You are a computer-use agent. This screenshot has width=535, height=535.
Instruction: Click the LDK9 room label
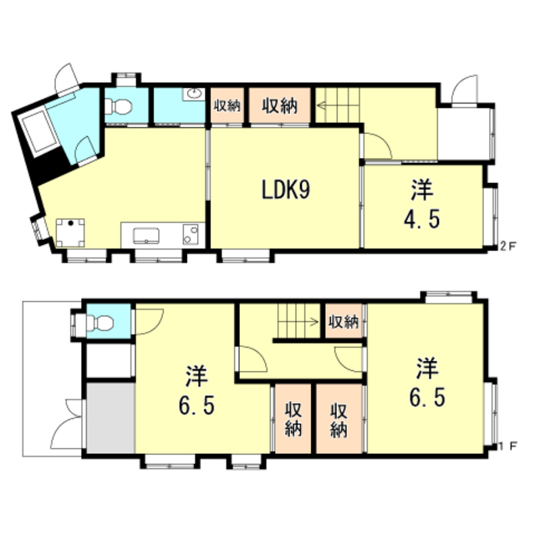(x=286, y=190)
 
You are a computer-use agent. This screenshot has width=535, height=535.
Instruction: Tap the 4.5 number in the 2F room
(x=422, y=219)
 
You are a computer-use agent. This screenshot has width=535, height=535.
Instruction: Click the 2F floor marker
(x=508, y=246)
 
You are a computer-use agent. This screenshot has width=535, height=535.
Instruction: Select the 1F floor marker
(x=508, y=446)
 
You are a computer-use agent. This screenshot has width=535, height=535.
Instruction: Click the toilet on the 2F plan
(x=118, y=106)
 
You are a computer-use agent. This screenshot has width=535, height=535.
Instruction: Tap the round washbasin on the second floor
(x=194, y=94)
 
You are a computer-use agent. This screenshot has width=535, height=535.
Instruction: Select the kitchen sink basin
(x=146, y=236)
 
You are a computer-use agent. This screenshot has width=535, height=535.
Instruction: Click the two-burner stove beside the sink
(x=191, y=234)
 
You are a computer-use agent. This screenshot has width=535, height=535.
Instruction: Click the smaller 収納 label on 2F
(x=227, y=106)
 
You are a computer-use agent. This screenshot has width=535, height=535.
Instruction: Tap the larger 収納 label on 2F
(x=279, y=105)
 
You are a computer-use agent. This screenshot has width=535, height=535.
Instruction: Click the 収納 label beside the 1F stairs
(x=344, y=321)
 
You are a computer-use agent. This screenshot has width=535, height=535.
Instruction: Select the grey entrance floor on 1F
(x=110, y=418)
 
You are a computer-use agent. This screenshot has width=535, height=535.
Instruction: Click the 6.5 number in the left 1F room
(x=196, y=405)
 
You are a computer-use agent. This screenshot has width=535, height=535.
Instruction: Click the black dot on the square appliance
(x=70, y=223)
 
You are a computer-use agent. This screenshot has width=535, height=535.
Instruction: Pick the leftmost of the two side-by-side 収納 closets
(x=293, y=419)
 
